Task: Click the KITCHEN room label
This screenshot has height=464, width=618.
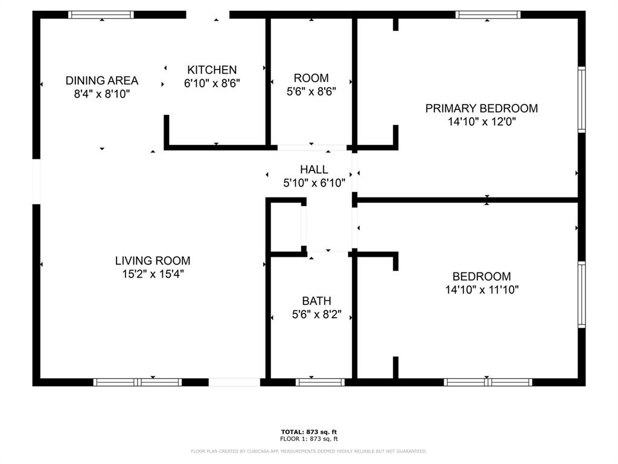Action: (212, 70)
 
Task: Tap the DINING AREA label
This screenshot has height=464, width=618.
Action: (101, 80)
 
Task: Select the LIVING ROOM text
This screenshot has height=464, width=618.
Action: (153, 260)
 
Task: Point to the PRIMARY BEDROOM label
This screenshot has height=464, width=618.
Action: (481, 108)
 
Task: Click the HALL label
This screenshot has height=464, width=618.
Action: (314, 170)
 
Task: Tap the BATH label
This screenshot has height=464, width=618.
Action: (316, 301)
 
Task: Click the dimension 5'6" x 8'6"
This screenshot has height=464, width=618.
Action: (311, 92)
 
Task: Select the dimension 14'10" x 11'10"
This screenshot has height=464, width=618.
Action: (482, 290)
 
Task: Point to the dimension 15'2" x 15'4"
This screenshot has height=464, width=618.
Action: (153, 274)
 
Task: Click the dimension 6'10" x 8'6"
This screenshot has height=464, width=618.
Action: (212, 83)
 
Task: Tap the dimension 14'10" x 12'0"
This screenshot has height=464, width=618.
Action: (482, 121)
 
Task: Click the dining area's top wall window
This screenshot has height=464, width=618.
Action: (101, 14)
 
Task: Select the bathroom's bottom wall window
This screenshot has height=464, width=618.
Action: (320, 382)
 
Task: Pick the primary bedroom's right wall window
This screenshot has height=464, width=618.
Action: (582, 100)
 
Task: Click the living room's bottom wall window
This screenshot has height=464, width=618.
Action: (138, 382)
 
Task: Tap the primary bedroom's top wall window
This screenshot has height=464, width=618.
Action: (488, 14)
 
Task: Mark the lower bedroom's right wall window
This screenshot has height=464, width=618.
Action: (582, 294)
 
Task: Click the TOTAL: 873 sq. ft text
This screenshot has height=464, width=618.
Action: (309, 432)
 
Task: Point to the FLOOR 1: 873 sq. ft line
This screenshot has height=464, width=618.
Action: (309, 439)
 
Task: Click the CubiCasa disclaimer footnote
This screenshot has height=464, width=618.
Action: (308, 451)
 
